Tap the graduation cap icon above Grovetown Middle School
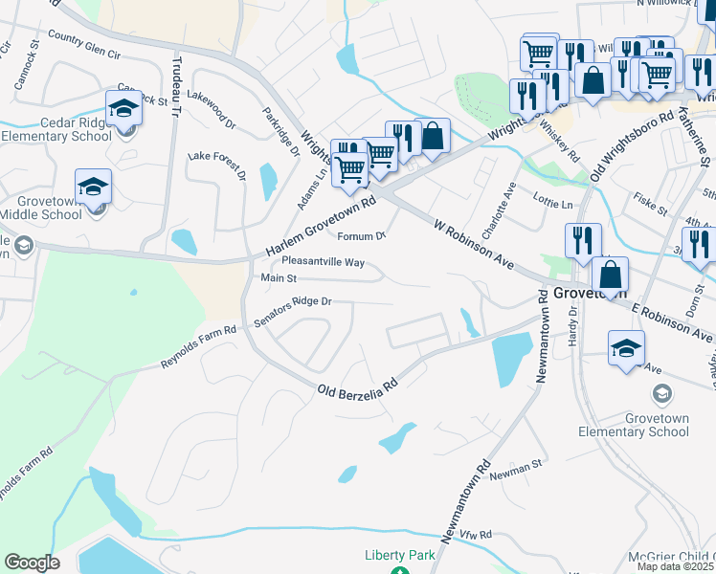point(93,186)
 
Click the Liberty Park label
point(399,555)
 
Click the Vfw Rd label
point(473,535)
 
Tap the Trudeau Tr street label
point(174,85)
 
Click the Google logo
point(32,563)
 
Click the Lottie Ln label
point(553,205)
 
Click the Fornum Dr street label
point(361,236)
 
